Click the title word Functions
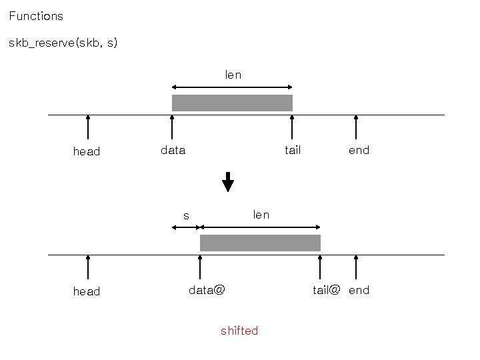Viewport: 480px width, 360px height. pos(36,15)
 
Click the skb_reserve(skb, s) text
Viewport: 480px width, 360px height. pos(63,43)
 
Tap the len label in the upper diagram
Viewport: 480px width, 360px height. pos(233,75)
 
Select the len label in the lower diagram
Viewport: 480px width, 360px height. pos(261,215)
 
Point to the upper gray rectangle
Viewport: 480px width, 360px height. pos(232,103)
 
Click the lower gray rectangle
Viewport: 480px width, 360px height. pos(260,243)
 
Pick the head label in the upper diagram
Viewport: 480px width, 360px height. pos(87,151)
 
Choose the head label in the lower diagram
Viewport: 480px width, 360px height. pos(87,291)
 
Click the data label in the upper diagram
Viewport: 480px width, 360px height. pos(173,151)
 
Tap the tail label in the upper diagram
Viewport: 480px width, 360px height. pos(293,150)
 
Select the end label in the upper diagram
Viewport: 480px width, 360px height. pos(359,150)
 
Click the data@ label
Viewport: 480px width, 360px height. pos(207,290)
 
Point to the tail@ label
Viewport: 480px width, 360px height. pos(327,290)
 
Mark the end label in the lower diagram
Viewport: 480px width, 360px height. pos(359,290)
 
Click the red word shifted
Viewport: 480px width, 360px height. pos(239,331)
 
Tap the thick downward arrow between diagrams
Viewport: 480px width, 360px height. pos(228,182)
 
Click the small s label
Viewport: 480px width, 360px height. pos(187,215)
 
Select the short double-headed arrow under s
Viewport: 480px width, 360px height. pos(185,227)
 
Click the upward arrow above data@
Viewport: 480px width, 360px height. pos(200,267)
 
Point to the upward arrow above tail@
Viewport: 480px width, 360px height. pos(321,267)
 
